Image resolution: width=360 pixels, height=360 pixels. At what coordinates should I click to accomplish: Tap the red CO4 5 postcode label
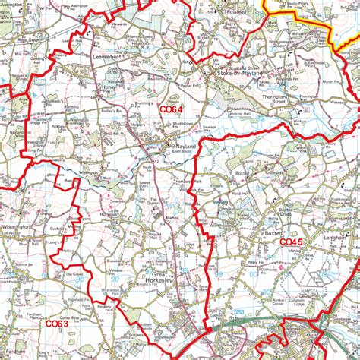point(292,242)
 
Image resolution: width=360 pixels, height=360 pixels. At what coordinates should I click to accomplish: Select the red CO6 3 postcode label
point(56,324)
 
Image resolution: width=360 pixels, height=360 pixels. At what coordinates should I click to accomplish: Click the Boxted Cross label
point(291,213)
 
